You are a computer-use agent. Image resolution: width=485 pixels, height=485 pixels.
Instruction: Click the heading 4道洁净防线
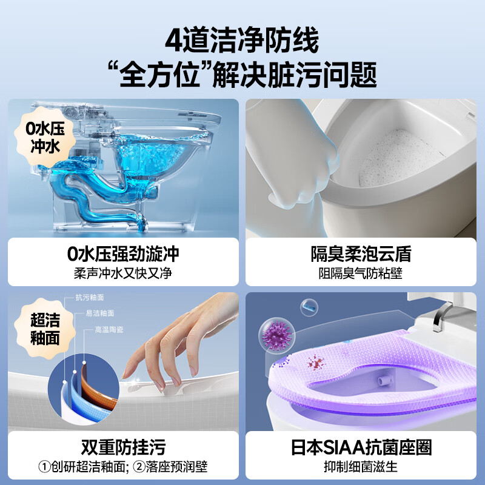pos(242,42)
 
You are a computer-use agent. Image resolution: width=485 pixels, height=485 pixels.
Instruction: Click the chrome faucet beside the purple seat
pos(445,318)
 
